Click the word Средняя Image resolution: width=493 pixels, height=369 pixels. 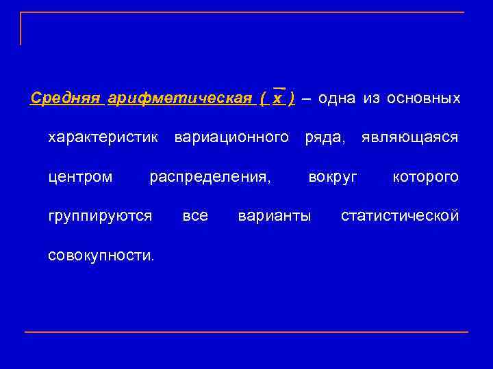[66, 98]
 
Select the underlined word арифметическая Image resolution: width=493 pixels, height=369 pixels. [179, 98]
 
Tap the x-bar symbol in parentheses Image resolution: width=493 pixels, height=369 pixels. [277, 98]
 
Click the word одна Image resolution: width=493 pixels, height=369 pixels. [337, 98]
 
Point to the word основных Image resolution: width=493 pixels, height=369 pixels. [423, 98]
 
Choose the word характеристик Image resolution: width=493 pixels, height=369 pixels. [103, 138]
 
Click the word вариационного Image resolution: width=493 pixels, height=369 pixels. [231, 138]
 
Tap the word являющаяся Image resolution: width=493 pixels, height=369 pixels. [410, 138]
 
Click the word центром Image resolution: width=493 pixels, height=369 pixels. [80, 178]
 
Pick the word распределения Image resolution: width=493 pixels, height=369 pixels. [210, 178]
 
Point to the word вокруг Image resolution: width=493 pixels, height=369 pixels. [333, 178]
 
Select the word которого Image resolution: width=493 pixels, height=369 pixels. [425, 178]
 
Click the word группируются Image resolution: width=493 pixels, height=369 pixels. [100, 217]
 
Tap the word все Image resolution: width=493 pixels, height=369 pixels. [195, 217]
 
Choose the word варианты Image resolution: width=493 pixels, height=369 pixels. [274, 217]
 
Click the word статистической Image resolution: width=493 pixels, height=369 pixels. [400, 217]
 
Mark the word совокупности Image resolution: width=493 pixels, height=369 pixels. [101, 256]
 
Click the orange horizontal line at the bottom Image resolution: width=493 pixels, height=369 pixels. [246, 332]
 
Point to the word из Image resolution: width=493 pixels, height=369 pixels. [372, 98]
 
